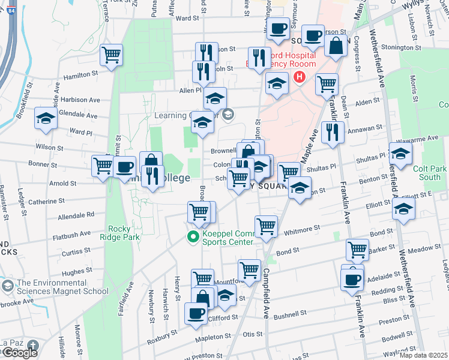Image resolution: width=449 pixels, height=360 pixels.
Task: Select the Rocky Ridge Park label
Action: [x=124, y=232]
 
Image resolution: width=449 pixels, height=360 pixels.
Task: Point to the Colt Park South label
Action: [x=430, y=173]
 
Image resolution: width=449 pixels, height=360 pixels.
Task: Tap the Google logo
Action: [x=19, y=353]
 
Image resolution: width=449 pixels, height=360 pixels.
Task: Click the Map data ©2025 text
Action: [x=423, y=355]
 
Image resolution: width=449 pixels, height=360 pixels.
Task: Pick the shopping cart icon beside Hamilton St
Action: [x=112, y=55]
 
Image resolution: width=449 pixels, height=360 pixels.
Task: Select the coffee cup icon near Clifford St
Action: [x=196, y=313]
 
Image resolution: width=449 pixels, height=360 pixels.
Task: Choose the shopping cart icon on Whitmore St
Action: [x=266, y=226]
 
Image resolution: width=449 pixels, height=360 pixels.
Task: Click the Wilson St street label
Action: [x=49, y=146]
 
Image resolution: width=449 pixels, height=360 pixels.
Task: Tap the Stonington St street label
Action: [x=401, y=47]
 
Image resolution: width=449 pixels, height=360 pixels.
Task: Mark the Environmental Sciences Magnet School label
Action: [x=63, y=287]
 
